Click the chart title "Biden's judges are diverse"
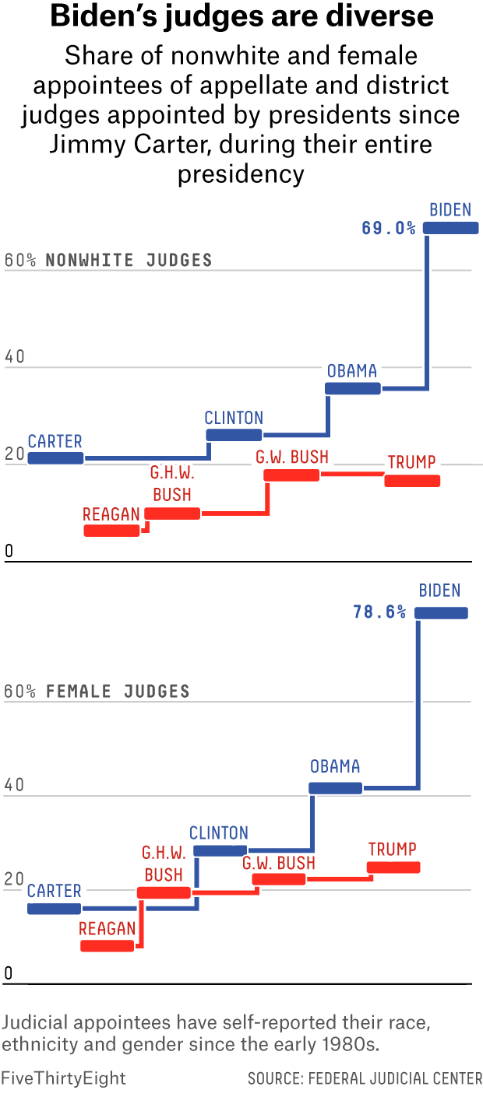(241, 17)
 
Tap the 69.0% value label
(389, 228)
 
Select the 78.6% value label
(379, 612)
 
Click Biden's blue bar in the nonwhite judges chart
(451, 228)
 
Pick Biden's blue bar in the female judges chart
(442, 613)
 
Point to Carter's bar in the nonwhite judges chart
(55, 458)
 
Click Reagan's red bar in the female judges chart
(108, 946)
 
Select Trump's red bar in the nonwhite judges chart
(412, 481)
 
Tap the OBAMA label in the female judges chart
(335, 766)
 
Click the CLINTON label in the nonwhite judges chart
(234, 418)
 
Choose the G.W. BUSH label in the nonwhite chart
(292, 457)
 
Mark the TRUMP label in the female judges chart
(393, 849)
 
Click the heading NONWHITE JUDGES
(129, 260)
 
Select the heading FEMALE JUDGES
(118, 691)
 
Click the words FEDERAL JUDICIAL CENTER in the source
(396, 1078)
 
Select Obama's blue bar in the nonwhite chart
(353, 388)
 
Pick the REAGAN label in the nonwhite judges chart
(111, 514)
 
